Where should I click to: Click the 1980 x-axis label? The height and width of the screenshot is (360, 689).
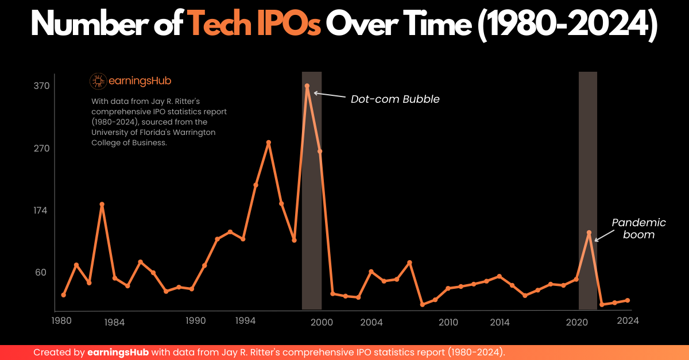click(x=61, y=321)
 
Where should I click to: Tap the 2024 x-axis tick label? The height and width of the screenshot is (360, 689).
click(x=628, y=321)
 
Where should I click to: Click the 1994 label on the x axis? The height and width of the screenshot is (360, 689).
click(x=245, y=321)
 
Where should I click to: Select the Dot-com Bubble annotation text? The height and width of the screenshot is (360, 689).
click(x=395, y=99)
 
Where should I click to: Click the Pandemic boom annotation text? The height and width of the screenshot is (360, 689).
click(x=638, y=229)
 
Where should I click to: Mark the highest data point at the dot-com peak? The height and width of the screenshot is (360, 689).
click(x=307, y=86)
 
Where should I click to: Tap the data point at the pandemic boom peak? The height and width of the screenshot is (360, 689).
click(x=589, y=233)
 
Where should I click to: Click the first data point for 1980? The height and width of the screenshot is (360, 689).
click(x=64, y=295)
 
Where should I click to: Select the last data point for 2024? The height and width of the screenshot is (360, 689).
click(x=628, y=300)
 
